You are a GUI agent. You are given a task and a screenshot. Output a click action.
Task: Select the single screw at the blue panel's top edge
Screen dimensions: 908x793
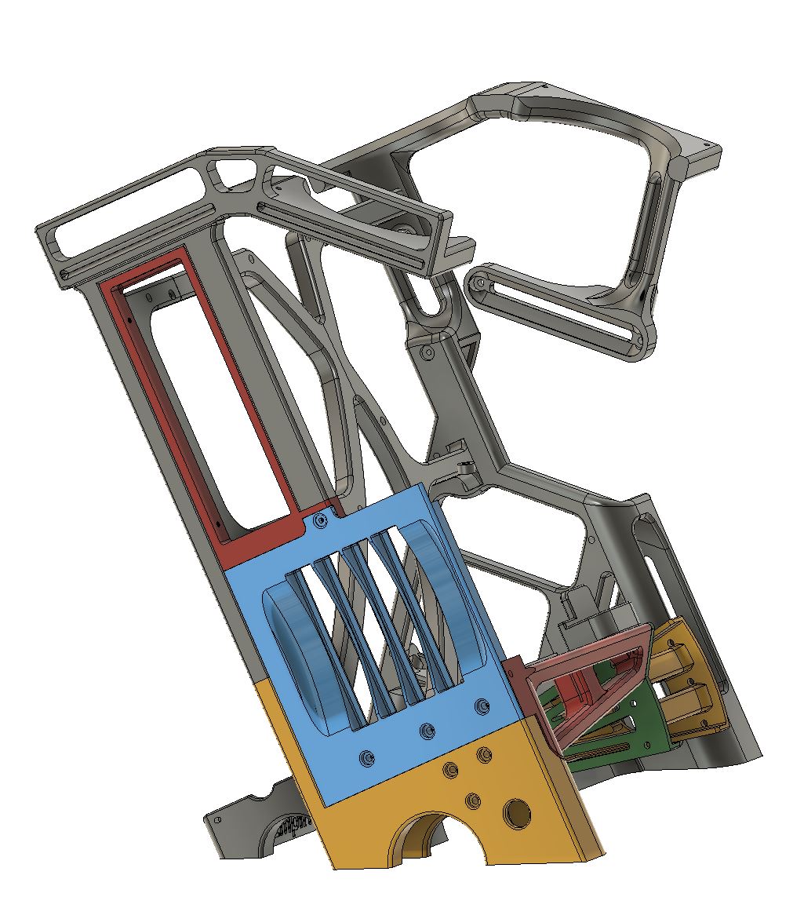click(x=318, y=520)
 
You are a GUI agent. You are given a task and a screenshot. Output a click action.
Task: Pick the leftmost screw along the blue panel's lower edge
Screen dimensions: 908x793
click(x=366, y=759)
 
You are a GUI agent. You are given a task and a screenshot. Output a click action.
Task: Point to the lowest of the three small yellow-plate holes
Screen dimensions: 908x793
click(x=472, y=800)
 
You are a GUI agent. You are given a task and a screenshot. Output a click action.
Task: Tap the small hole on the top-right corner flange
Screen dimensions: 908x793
click(x=713, y=146)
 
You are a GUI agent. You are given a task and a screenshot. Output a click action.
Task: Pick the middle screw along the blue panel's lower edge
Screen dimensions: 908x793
click(x=427, y=731)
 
